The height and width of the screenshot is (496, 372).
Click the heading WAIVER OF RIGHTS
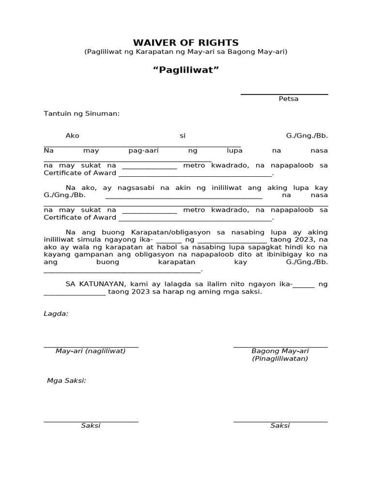(186, 43)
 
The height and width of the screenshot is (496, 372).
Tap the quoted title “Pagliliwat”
(186, 70)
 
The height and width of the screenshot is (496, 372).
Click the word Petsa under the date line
(289, 99)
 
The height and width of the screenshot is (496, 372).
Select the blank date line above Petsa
(284, 94)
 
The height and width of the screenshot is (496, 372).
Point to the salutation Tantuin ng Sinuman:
(81, 114)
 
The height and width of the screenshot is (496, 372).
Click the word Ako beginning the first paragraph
(72, 136)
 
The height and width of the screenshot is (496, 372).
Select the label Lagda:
(56, 313)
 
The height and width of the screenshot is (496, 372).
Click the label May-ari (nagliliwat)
(91, 351)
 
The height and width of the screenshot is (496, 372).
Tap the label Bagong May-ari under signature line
(280, 351)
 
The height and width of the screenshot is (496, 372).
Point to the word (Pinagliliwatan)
(280, 358)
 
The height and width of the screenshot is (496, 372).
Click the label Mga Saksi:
(66, 381)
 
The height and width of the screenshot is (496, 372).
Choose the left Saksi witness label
(91, 425)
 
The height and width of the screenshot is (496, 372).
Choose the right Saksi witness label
(280, 425)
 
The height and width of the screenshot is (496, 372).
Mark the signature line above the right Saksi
(280, 421)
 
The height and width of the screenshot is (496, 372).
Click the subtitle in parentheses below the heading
(186, 51)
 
